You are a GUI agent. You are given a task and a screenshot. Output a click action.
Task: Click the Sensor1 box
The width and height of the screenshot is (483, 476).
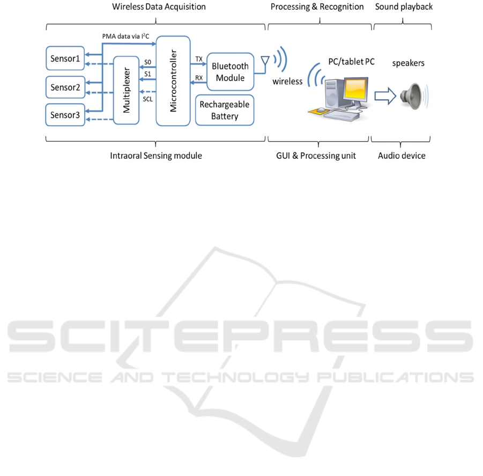(x=65, y=58)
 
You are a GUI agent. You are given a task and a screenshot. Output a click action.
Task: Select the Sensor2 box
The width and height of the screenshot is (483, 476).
(x=65, y=87)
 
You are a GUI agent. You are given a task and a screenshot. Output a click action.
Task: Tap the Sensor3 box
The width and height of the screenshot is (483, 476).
(x=65, y=115)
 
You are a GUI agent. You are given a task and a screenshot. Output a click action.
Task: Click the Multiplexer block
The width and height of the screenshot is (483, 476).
(x=127, y=90)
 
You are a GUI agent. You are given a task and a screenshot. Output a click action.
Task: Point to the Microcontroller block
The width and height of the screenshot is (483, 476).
(x=173, y=81)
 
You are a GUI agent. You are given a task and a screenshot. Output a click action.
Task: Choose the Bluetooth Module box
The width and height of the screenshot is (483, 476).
(x=231, y=72)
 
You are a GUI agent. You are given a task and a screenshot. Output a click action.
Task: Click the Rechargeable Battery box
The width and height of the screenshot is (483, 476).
(x=225, y=110)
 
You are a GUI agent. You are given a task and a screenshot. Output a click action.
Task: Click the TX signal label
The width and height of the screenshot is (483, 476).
(x=199, y=59)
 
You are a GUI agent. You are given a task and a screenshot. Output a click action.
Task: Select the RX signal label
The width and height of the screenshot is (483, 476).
(x=199, y=78)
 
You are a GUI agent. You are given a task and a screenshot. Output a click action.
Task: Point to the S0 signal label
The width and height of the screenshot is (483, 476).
(x=148, y=62)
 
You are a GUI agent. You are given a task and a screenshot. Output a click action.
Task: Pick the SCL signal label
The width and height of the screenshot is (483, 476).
(x=148, y=99)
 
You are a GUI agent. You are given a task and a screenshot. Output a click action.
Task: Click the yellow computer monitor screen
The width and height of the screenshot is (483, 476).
(x=356, y=89)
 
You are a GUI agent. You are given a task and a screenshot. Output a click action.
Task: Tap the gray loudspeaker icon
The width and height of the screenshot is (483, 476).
(x=411, y=96)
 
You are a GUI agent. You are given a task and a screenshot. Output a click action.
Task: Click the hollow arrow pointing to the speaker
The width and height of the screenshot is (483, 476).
(x=385, y=96)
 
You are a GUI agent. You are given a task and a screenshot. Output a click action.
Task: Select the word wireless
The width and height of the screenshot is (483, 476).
(x=287, y=82)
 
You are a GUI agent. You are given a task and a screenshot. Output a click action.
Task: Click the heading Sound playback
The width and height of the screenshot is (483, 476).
(x=404, y=7)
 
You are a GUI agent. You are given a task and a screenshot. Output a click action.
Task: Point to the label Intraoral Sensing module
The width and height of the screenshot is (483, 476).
(x=156, y=156)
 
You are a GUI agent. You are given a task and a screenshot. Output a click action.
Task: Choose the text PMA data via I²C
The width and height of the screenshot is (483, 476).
(x=125, y=36)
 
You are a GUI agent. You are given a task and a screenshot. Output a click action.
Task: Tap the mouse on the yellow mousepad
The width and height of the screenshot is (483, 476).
(x=321, y=110)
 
